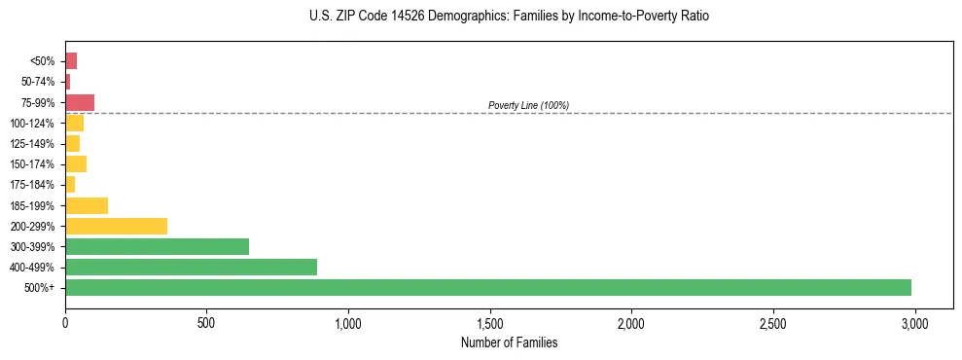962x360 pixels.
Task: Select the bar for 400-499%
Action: tap(191, 267)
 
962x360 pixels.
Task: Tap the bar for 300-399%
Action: tap(157, 246)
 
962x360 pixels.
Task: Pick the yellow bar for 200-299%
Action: tap(116, 226)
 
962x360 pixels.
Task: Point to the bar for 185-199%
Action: tap(87, 205)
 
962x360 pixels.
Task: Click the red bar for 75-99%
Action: tap(80, 102)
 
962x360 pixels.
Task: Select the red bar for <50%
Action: tap(71, 61)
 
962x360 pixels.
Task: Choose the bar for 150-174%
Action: tap(76, 163)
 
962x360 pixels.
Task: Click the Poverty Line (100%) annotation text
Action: tap(528, 105)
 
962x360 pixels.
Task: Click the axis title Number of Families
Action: tap(509, 342)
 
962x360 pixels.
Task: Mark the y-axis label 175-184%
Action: tap(33, 185)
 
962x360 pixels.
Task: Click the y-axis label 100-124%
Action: tap(33, 124)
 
